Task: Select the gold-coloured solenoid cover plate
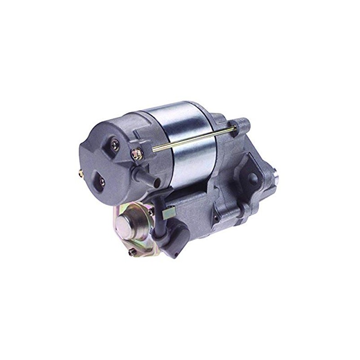135,229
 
